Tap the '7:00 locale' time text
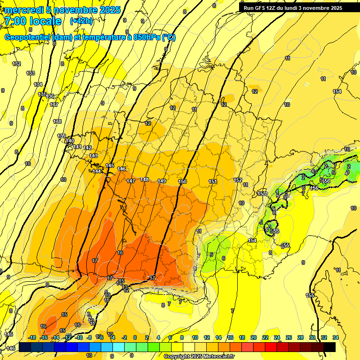point(33,21)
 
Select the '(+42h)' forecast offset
point(81,21)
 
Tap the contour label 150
point(183,181)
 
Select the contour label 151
point(213,181)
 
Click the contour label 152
point(238,180)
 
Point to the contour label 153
point(262,194)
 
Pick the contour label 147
point(131,181)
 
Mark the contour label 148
point(144,180)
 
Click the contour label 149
point(162,181)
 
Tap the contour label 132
point(17,64)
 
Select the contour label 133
point(31,73)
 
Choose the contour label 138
point(57,121)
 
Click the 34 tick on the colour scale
point(336,337)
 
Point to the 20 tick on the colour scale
point(253,337)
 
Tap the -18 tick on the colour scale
point(32,337)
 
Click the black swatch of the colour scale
point(329,347)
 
